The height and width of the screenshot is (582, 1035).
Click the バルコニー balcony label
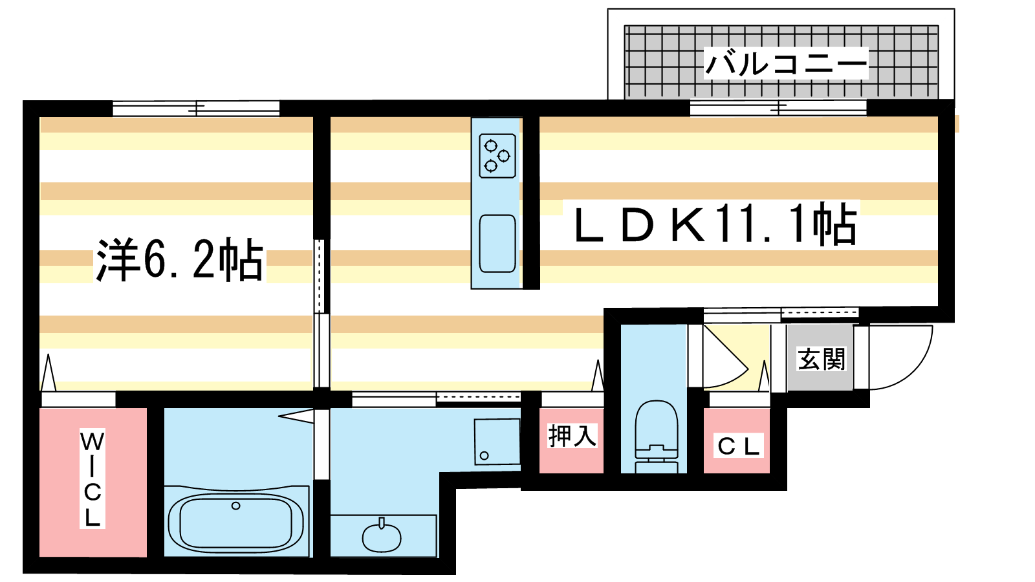[x=786, y=63]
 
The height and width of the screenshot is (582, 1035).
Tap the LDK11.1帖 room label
[x=715, y=224]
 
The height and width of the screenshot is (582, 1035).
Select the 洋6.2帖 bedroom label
[x=179, y=259]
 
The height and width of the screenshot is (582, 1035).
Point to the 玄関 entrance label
[x=821, y=359]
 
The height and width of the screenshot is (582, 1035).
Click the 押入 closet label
[x=572, y=436]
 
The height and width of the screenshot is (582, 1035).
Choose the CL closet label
[x=738, y=446]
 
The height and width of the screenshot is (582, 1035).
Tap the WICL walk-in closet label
[x=93, y=479]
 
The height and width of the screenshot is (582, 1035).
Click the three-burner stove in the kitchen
[x=497, y=156]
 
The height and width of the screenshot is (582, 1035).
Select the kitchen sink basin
[x=497, y=243]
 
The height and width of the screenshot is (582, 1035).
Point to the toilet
[x=656, y=436]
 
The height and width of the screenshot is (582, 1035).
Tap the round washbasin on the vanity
[x=382, y=537]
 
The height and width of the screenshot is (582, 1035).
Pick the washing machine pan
[x=497, y=442]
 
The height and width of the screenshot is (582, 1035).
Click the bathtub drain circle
[x=235, y=506]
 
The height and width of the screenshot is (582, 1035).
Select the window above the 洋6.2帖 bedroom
[x=196, y=109]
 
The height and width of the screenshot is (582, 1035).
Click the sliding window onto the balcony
[x=778, y=108]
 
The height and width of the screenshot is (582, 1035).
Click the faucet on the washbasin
[x=382, y=523]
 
